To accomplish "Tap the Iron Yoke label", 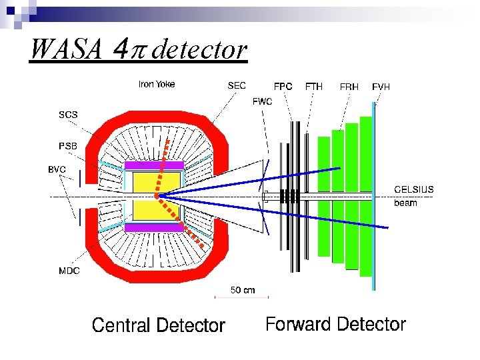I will (x=157, y=84).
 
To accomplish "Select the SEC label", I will (x=237, y=85).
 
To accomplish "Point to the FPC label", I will (x=283, y=87).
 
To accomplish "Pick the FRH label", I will (x=349, y=87).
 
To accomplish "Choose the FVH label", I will (x=381, y=87).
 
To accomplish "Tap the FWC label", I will (x=262, y=101).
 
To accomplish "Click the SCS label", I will (x=68, y=115).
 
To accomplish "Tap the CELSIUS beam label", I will (x=414, y=195).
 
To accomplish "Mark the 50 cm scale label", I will (x=243, y=290).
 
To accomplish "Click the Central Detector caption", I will (x=159, y=325).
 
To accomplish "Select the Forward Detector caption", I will (x=335, y=325).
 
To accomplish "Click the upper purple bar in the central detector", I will (x=154, y=165).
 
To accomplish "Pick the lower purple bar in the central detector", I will (x=154, y=227).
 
